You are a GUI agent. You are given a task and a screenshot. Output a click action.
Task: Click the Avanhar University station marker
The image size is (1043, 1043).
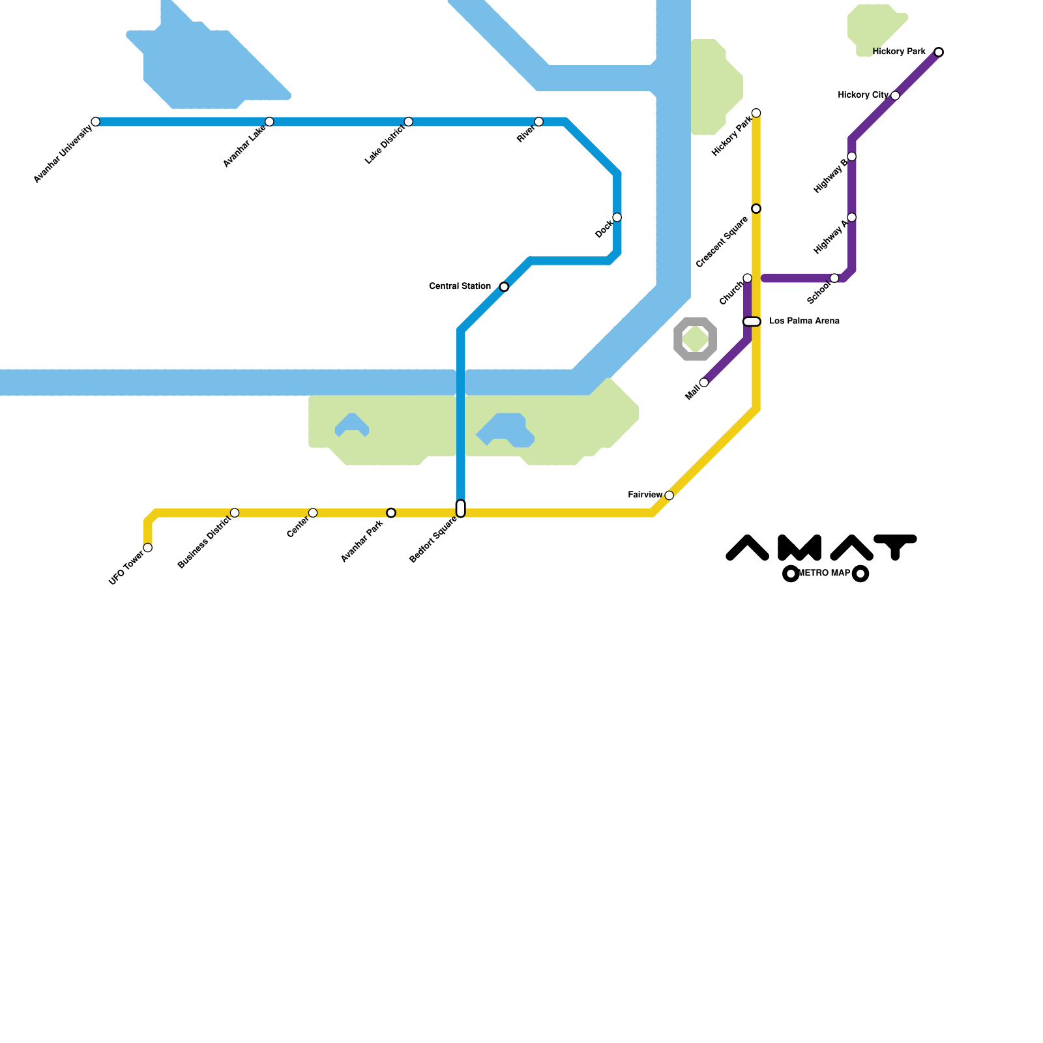[96, 122]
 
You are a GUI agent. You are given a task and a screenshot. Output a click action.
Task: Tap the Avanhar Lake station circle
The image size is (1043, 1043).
[269, 122]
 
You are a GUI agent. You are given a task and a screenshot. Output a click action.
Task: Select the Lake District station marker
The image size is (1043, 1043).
[408, 122]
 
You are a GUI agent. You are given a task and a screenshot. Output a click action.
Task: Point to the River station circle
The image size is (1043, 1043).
[538, 122]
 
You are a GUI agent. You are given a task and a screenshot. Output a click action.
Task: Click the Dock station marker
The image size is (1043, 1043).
[617, 217]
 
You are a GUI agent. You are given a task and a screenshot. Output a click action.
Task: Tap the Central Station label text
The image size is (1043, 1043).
[460, 286]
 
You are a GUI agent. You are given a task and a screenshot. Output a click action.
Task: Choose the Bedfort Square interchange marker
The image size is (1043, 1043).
[461, 508]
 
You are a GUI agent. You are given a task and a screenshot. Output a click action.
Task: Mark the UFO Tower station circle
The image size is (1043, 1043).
[148, 548]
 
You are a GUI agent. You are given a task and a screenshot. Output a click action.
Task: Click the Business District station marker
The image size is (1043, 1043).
[235, 513]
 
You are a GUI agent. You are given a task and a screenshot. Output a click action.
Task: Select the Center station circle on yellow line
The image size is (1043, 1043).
[313, 513]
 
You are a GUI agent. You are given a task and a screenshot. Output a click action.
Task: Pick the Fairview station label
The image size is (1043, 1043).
[645, 495]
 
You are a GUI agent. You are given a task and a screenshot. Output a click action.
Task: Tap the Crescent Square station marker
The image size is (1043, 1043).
[756, 209]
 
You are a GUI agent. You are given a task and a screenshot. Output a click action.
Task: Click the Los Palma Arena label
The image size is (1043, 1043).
[804, 321]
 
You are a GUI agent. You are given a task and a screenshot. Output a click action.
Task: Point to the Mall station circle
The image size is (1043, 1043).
[704, 383]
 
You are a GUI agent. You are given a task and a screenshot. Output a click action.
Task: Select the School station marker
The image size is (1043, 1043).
[834, 278]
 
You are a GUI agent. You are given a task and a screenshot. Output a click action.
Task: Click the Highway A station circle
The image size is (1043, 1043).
[851, 217]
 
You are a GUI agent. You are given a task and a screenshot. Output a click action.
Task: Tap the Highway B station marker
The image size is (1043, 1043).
[851, 156]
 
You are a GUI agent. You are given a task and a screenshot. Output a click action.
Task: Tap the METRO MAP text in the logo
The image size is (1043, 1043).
[825, 574]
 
